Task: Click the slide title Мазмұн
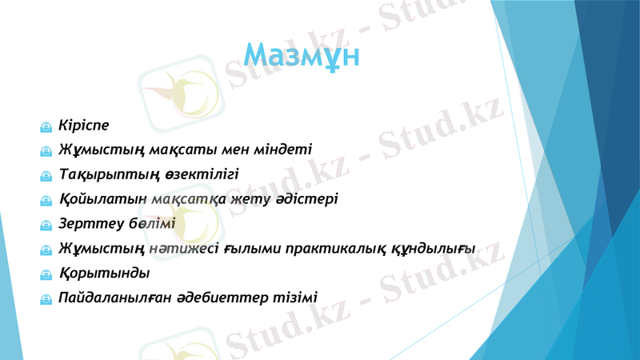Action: point(302,56)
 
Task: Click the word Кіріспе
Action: point(84,125)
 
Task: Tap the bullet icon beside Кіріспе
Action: point(47,126)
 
